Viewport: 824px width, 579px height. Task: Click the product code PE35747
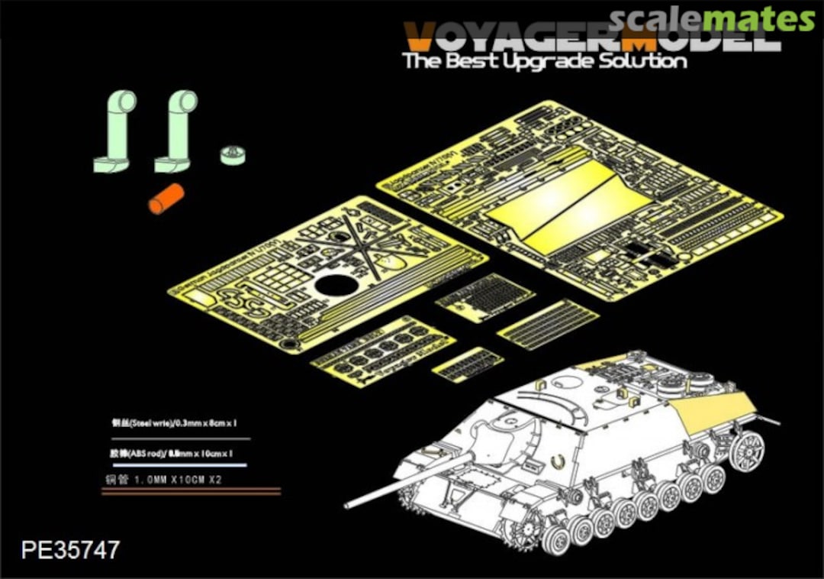pyautogui.click(x=71, y=550)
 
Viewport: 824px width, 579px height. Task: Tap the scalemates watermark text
pyautogui.click(x=712, y=18)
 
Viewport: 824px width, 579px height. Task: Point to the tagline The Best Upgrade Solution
pyautogui.click(x=545, y=61)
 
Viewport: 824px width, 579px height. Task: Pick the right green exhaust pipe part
pyautogui.click(x=176, y=131)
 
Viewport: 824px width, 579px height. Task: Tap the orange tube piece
pyautogui.click(x=166, y=199)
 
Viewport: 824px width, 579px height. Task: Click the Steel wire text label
pyautogui.click(x=179, y=422)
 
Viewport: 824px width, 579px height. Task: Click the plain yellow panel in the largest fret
pyautogui.click(x=568, y=200)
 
